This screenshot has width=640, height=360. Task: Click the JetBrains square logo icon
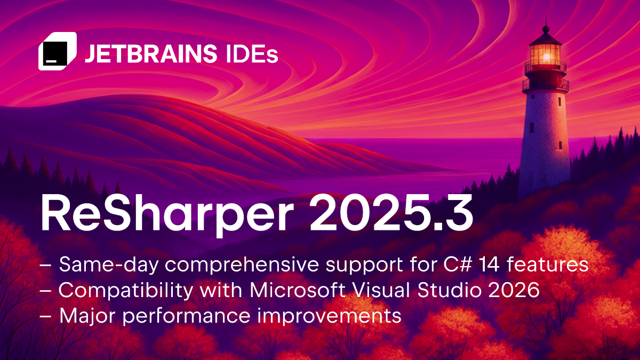point(58,51)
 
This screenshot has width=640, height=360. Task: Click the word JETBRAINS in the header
point(151,53)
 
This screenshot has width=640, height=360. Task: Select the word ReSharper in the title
point(167,214)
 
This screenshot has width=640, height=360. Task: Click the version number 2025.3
point(391,213)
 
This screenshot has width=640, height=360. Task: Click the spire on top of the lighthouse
point(546,25)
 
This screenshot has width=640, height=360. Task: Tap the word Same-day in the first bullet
point(109,265)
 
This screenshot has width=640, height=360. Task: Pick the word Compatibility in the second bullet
point(126,291)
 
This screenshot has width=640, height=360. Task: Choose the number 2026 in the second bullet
point(514,290)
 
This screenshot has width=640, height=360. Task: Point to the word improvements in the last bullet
point(329,316)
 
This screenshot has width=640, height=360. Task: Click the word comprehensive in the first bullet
point(242,265)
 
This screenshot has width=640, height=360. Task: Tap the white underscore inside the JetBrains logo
point(51,61)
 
